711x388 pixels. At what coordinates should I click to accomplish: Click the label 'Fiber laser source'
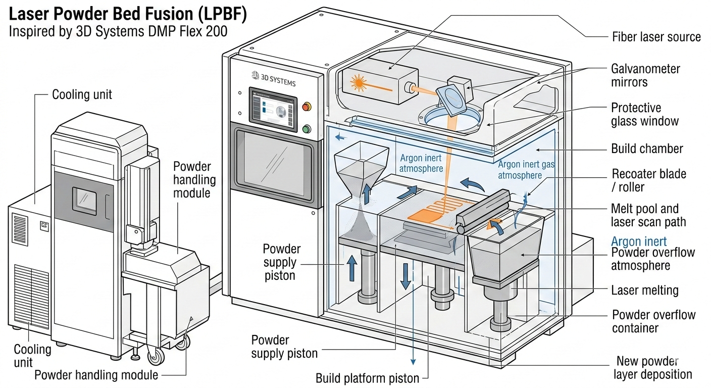click(x=656, y=37)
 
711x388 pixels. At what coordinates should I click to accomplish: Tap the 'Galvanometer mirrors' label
click(x=645, y=75)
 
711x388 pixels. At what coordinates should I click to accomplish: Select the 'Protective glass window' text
click(x=645, y=114)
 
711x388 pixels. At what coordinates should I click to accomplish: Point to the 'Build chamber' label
click(x=647, y=149)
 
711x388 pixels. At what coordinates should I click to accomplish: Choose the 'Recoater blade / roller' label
click(x=649, y=180)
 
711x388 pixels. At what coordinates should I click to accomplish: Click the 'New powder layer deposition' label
click(x=652, y=368)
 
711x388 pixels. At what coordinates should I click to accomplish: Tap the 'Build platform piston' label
click(x=367, y=378)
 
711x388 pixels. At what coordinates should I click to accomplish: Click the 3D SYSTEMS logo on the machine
click(x=273, y=78)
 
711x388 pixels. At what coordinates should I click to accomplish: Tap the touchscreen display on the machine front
click(x=273, y=109)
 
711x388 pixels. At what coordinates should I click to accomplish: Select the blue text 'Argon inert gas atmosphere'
click(x=526, y=170)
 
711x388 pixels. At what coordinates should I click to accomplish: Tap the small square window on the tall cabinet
click(x=84, y=201)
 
